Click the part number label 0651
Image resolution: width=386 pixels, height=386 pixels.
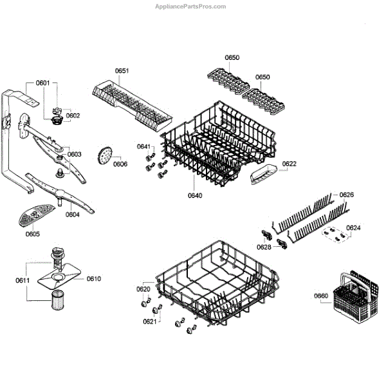pos(122,70)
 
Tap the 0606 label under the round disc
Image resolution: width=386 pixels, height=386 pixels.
pos(120,164)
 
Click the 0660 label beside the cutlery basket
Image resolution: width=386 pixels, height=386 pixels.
pos(321,296)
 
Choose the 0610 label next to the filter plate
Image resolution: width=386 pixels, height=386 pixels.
pos(94,279)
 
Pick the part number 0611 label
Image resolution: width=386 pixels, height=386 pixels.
pos(23,281)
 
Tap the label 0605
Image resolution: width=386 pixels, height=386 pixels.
pos(33,234)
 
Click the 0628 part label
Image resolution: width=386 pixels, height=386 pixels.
pos(264,247)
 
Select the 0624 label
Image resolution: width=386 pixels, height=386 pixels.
pos(353,227)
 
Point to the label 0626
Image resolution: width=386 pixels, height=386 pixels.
pos(347,195)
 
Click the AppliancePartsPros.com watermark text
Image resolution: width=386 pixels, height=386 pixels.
pos(192,6)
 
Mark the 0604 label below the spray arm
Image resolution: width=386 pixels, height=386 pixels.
pos(72,215)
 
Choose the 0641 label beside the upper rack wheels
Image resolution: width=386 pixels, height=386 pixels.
pos(143,147)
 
